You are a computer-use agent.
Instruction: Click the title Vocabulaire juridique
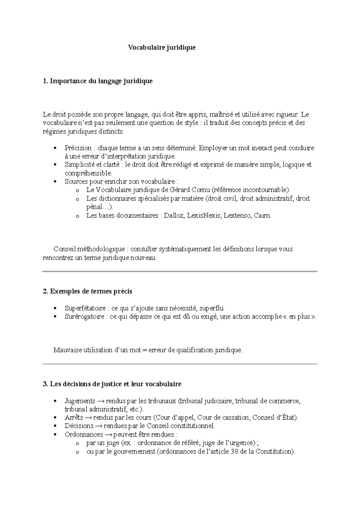[162, 47]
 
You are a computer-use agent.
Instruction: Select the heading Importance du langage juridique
[101, 81]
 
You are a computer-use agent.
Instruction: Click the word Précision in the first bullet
[78, 148]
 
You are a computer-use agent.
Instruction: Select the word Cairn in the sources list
[262, 215]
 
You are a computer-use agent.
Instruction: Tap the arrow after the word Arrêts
[88, 418]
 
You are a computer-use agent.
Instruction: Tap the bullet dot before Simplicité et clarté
[54, 165]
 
